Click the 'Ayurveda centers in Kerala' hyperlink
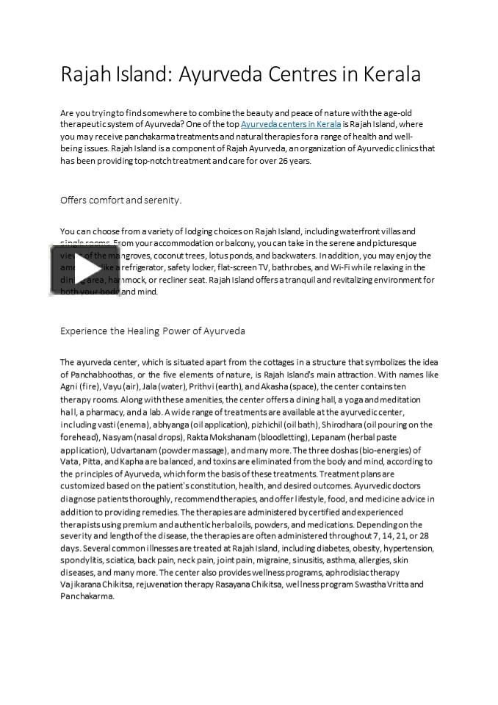291,125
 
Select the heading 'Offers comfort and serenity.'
120,200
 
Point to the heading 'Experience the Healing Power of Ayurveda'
153,331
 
